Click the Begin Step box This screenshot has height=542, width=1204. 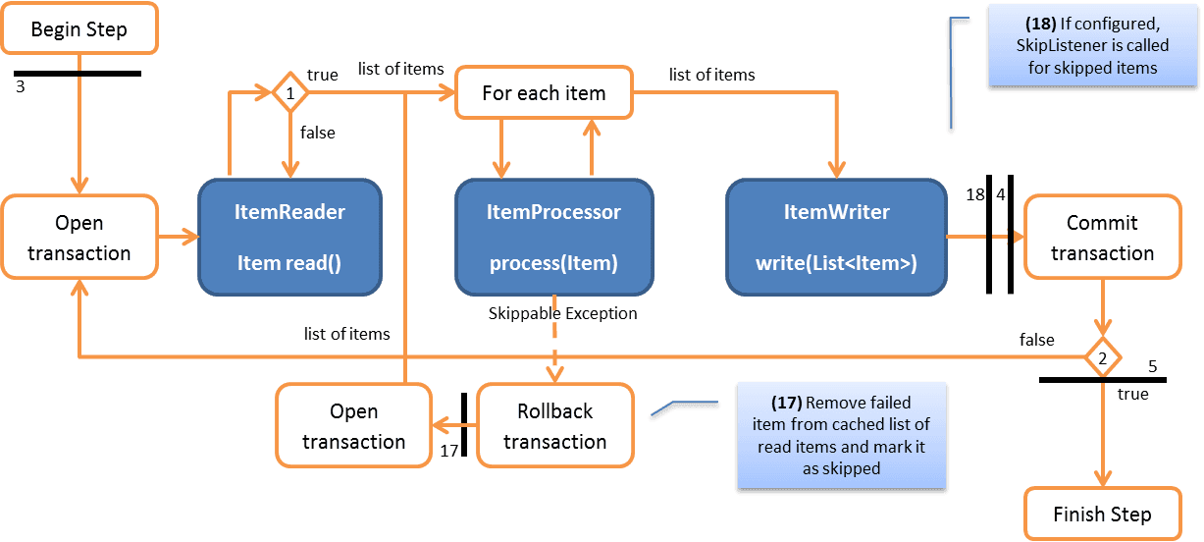tap(79, 28)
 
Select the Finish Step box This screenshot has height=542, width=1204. tap(1102, 515)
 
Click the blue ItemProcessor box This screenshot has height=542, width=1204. tap(553, 237)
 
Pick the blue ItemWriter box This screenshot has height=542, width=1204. tap(835, 237)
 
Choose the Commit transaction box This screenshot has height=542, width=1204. tap(1102, 238)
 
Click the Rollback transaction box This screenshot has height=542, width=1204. tap(554, 426)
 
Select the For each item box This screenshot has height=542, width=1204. tap(544, 93)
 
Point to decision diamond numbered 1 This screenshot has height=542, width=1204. tap(289, 94)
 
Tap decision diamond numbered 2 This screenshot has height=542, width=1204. tap(1103, 358)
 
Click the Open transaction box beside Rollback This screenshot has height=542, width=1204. tap(353, 426)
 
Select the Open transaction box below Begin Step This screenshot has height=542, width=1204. tap(79, 238)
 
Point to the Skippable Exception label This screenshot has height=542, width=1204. tap(562, 313)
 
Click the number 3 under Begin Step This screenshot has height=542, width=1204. tap(21, 86)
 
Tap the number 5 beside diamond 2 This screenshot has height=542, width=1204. tap(1152, 367)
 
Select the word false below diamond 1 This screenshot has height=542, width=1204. tap(317, 133)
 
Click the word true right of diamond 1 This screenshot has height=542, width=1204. tap(323, 75)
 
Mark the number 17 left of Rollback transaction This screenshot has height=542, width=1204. tap(449, 451)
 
